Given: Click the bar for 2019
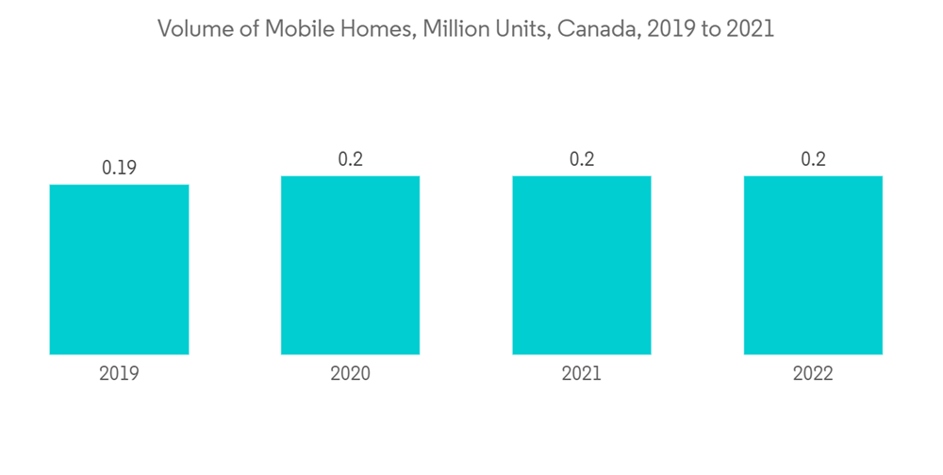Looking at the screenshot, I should click(119, 270).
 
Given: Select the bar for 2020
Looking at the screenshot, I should click(350, 265).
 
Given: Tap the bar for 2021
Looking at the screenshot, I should click(582, 265).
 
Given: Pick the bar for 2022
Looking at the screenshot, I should click(813, 265).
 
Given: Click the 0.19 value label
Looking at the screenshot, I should click(119, 168).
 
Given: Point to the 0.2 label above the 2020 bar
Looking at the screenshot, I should click(350, 159).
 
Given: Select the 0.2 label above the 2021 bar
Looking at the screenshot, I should click(582, 159).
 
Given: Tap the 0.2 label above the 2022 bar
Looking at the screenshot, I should click(813, 159).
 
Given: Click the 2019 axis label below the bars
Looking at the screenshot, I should click(119, 374).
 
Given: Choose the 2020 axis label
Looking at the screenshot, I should click(350, 374).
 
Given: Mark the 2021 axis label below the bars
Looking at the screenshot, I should click(582, 374).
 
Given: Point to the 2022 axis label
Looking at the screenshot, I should click(813, 374).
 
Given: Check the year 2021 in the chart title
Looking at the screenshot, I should click(750, 29).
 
